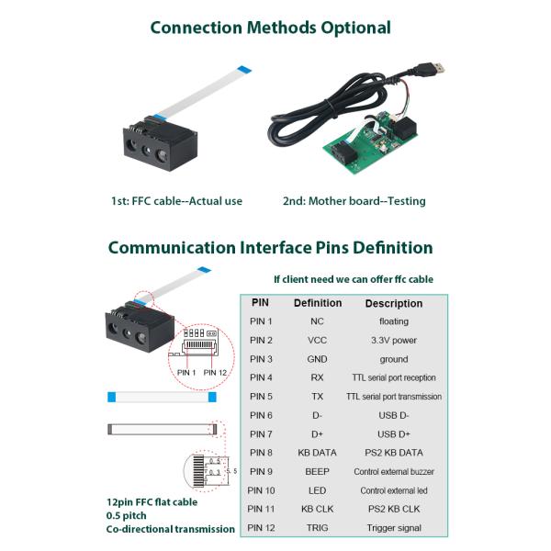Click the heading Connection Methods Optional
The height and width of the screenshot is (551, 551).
[x=270, y=28]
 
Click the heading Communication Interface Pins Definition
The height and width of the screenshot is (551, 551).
[x=270, y=248]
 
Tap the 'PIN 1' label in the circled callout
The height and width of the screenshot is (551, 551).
[x=187, y=372]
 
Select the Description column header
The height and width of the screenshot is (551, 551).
[x=394, y=303]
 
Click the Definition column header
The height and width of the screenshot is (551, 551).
[x=318, y=303]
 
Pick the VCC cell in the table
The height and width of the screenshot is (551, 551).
[x=318, y=341]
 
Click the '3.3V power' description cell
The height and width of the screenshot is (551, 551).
[x=394, y=341]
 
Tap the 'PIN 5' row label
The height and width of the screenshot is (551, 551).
[x=262, y=397]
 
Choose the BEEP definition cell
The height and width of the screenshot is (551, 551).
[x=318, y=472]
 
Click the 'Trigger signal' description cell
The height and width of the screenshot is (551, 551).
[x=394, y=528]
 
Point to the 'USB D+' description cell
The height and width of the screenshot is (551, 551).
[x=394, y=434]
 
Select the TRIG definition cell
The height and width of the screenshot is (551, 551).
[x=318, y=528]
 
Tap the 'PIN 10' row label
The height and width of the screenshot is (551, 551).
[x=262, y=490]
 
